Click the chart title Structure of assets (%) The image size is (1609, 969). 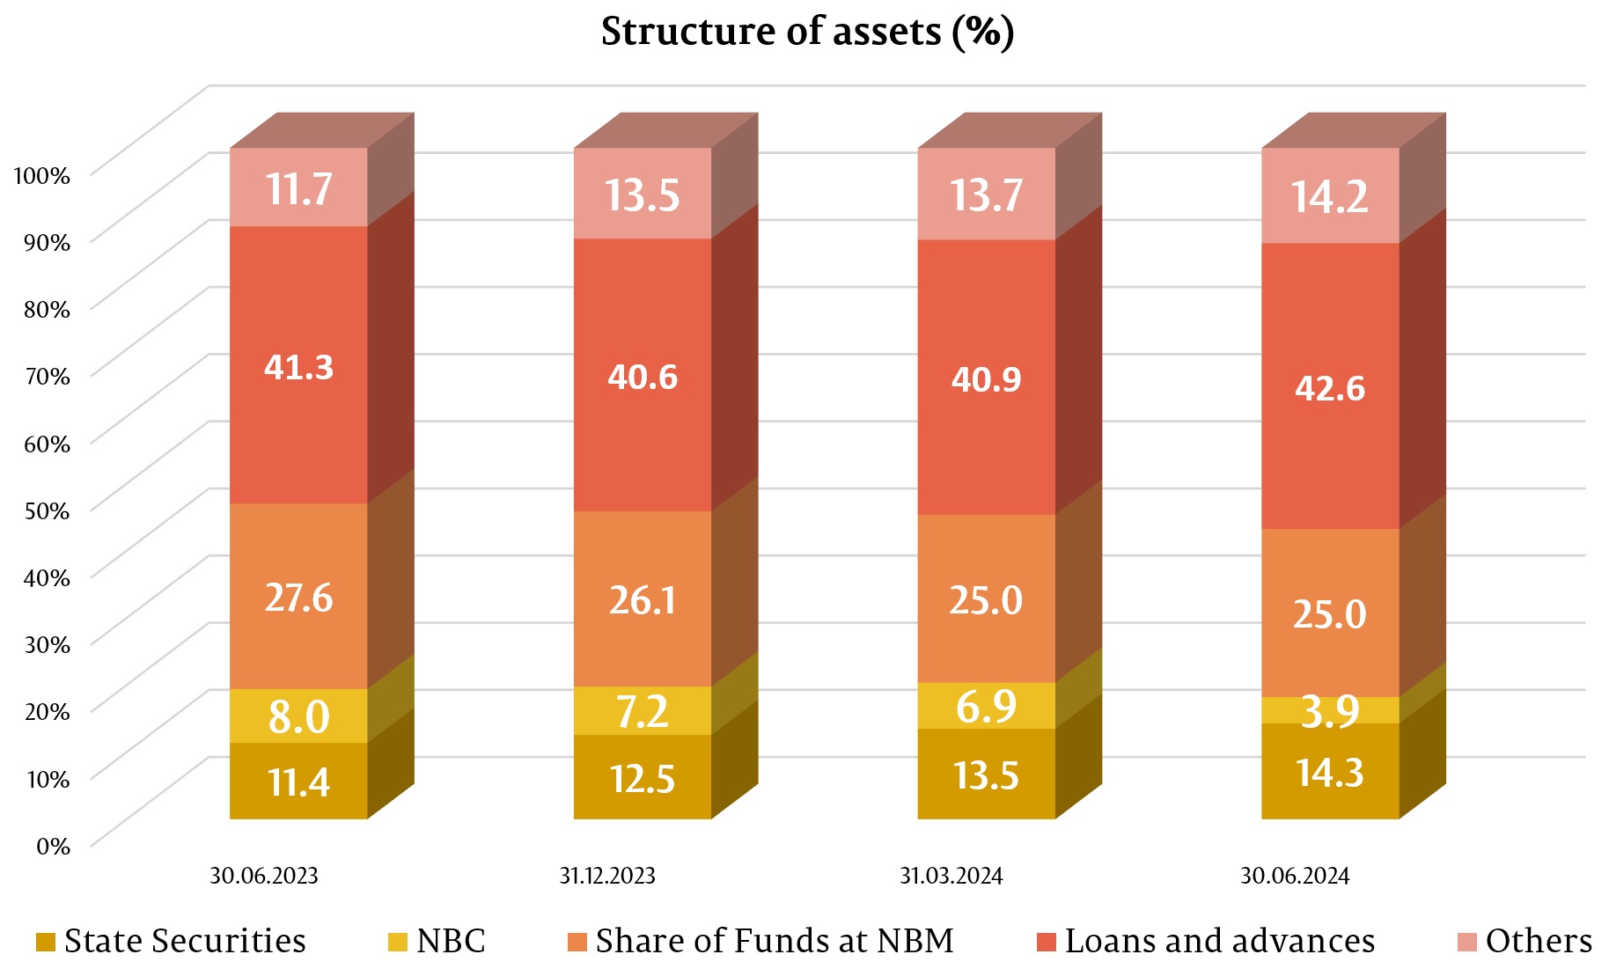(x=807, y=33)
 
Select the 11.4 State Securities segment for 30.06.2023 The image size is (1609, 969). (x=298, y=782)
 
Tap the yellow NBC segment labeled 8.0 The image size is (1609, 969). (x=298, y=716)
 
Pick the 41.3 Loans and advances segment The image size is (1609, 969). (x=298, y=366)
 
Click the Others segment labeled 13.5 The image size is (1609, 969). (x=643, y=195)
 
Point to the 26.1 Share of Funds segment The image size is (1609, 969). (x=643, y=599)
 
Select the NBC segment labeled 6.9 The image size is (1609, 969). (x=986, y=706)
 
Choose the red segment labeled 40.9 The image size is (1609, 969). (x=986, y=378)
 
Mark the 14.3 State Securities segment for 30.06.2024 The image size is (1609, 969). (x=1330, y=772)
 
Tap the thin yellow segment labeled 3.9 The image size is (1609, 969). (x=1330, y=710)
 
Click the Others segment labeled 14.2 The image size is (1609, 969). (x=1330, y=196)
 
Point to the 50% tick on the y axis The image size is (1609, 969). (x=47, y=510)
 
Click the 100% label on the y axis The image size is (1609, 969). (x=41, y=175)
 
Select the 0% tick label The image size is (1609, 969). (x=53, y=846)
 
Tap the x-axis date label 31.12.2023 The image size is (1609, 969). (x=607, y=876)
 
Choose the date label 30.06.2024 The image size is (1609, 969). (x=1295, y=876)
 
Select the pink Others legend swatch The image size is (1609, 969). (x=1467, y=943)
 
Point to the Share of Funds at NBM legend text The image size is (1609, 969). (x=775, y=941)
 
